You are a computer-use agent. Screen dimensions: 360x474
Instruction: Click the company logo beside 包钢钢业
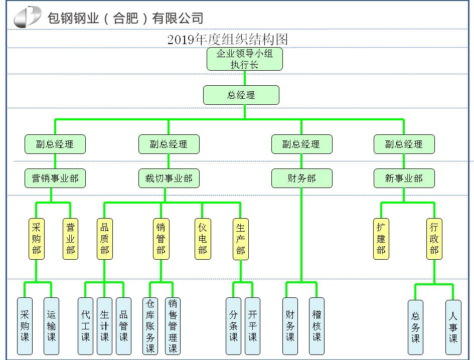coord(28,17)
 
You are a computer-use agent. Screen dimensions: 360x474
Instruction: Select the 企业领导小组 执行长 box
coord(245,59)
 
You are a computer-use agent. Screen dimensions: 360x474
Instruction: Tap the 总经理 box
coord(241,95)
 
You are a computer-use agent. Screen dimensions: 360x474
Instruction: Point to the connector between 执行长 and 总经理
coord(245,78)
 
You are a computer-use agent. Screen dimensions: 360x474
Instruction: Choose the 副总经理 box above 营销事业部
coord(55,144)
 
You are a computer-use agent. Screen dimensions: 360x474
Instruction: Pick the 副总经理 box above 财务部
coord(301,144)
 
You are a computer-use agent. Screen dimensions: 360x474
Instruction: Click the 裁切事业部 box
coord(169,178)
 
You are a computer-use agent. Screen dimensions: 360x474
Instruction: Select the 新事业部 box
coord(404,178)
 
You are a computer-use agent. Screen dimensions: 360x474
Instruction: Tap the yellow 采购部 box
coord(37,238)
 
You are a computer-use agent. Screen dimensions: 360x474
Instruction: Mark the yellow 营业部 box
coord(71,238)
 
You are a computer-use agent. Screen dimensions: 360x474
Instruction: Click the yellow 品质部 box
coord(105,238)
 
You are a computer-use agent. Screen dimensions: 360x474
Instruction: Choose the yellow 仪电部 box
coord(203,238)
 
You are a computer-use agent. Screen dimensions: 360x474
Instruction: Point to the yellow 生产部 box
coord(241,238)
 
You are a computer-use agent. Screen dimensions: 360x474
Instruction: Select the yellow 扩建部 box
coord(381,238)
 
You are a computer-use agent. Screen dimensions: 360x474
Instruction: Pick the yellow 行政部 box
coord(434,238)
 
